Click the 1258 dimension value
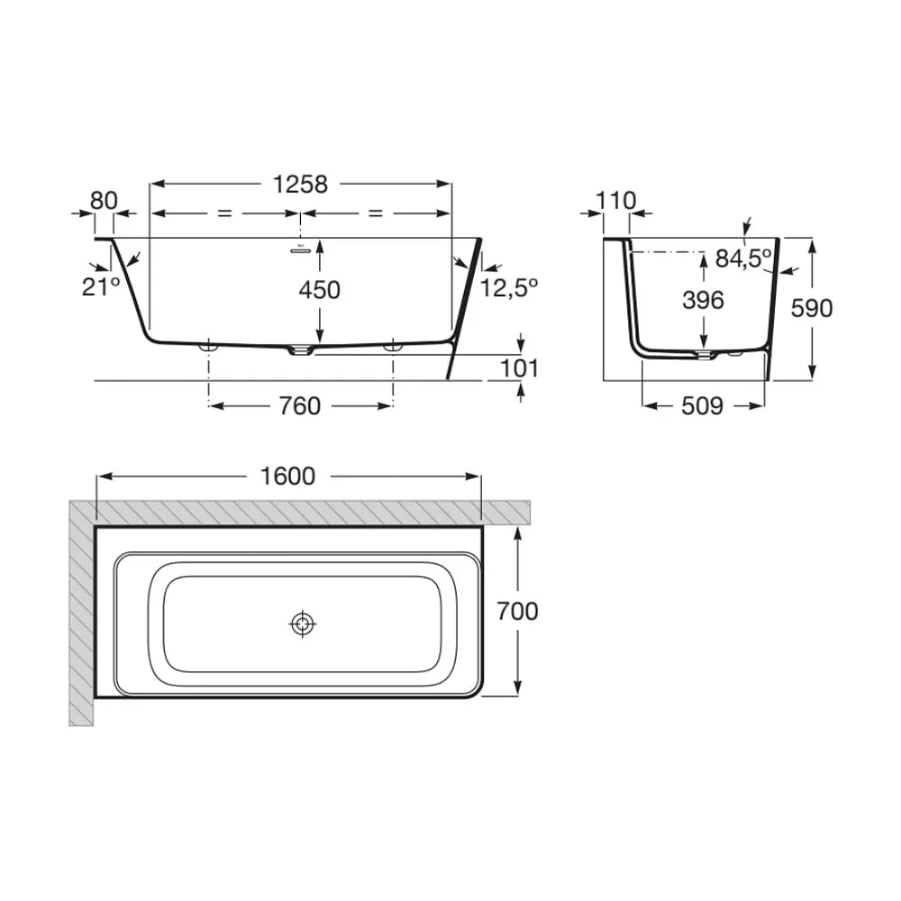pos(300,185)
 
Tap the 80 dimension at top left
pos(104,201)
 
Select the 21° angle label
pos(101,287)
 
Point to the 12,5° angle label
pos(509,287)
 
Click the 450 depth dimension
pos(320,289)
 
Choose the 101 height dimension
pos(520,369)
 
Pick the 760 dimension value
pos(300,406)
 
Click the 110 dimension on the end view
pos(616,201)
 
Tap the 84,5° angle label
pos(743,259)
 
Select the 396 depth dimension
pos(704,300)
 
